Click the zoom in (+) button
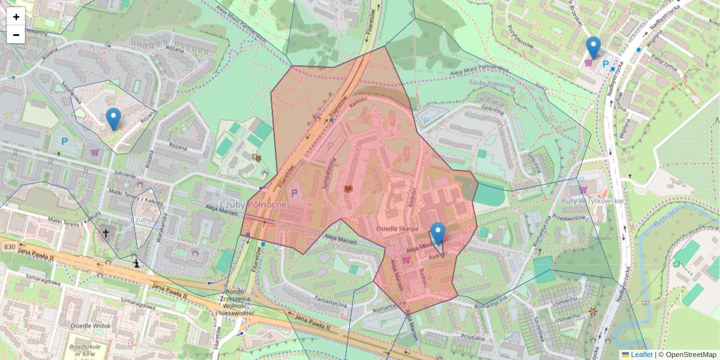16,17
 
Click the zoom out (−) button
16,35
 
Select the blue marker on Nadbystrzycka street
593,47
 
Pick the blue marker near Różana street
113,119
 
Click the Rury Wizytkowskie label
592,200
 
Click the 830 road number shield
9,247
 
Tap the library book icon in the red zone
347,189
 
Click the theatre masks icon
257,158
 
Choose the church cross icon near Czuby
106,233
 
